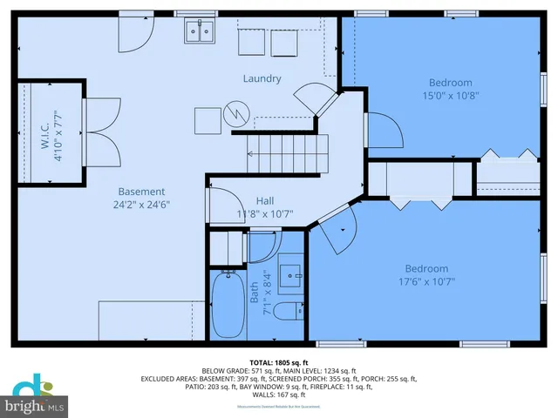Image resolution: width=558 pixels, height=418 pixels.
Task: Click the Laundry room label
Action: (262, 79)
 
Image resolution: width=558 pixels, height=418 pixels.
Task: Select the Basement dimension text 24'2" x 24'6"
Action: (140, 206)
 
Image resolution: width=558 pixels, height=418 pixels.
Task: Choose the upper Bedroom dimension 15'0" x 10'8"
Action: (450, 96)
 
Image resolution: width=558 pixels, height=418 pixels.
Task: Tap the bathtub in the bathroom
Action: (229, 305)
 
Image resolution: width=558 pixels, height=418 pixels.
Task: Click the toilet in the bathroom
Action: (285, 312)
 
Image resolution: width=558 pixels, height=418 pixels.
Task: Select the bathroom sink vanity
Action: (290, 273)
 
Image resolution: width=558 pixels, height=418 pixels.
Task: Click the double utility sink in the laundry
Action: (201, 33)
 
